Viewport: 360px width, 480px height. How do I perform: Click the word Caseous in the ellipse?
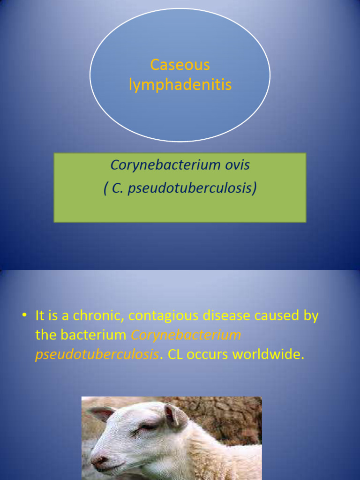coord(180,65)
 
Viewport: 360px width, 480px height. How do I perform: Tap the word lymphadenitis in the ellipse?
coord(180,85)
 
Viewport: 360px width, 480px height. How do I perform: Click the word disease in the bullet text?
coord(226,315)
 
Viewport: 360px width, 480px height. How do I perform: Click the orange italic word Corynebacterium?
coord(186,335)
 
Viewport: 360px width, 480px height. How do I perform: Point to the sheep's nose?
coord(98,461)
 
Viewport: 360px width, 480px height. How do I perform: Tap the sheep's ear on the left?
coord(101,413)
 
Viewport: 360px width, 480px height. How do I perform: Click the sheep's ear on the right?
coord(175,416)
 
